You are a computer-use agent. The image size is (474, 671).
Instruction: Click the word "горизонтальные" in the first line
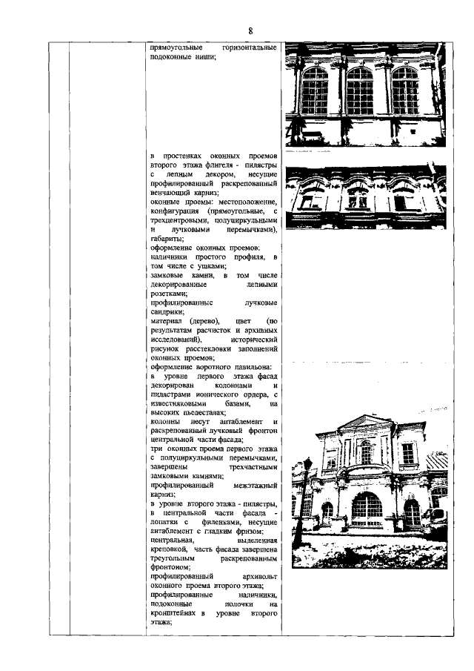click(x=249, y=48)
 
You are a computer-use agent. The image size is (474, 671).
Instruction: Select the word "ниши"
click(x=204, y=59)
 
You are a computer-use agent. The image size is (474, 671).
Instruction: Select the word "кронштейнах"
click(x=173, y=612)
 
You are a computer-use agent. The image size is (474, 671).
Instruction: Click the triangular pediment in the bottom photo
click(x=365, y=428)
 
